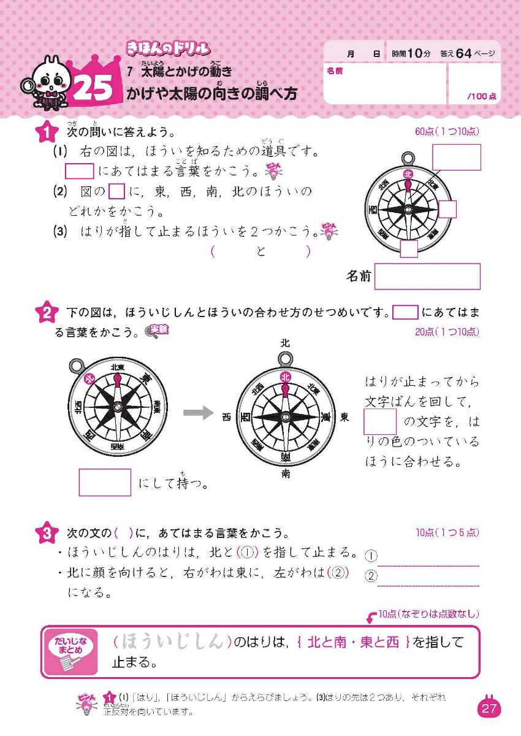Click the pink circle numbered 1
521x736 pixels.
click(45, 132)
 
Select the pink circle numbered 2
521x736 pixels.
click(45, 313)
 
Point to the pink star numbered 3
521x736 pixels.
click(45, 533)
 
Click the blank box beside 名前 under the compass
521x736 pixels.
click(427, 277)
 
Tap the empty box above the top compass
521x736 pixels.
click(456, 157)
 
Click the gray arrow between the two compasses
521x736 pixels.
click(199, 412)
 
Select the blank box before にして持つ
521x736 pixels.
click(105, 482)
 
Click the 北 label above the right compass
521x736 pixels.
click(285, 343)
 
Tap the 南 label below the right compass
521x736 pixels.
click(286, 473)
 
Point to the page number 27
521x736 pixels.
click(489, 709)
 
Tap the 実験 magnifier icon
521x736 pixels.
click(156, 331)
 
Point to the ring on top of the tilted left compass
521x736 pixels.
click(77, 366)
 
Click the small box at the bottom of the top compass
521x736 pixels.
click(409, 248)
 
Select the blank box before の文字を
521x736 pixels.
click(380, 422)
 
